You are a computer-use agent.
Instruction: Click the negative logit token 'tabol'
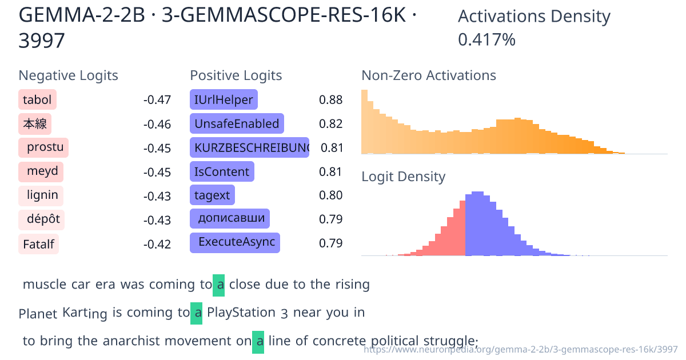pyautogui.click(x=37, y=100)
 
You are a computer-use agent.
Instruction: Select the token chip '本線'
pyautogui.click(x=35, y=124)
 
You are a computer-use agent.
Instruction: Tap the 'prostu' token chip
pyautogui.click(x=43, y=148)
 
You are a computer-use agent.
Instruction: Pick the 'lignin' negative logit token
pyautogui.click(x=41, y=195)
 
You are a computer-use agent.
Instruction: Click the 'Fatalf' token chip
pyautogui.click(x=38, y=245)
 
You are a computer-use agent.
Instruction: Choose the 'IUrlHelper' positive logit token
pyautogui.click(x=224, y=100)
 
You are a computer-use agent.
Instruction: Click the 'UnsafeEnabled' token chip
pyautogui.click(x=237, y=124)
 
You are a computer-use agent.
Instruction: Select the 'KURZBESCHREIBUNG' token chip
pyautogui.click(x=249, y=148)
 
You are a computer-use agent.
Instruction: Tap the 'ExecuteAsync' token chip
pyautogui.click(x=235, y=242)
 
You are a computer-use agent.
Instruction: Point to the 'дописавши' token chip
pyautogui.click(x=230, y=218)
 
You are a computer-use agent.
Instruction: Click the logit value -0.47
pyautogui.click(x=157, y=101)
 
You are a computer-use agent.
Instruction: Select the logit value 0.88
pyautogui.click(x=331, y=101)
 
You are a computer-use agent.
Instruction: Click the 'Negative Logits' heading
pyautogui.click(x=69, y=75)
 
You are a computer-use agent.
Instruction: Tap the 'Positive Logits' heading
pyautogui.click(x=236, y=75)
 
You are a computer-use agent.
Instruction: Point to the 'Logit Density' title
pyautogui.click(x=404, y=177)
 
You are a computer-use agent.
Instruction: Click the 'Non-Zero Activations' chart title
pyautogui.click(x=429, y=75)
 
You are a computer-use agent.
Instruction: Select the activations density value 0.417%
pyautogui.click(x=487, y=40)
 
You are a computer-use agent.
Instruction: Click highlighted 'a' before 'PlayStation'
pyautogui.click(x=197, y=313)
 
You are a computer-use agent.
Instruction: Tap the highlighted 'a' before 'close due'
pyautogui.click(x=219, y=285)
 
